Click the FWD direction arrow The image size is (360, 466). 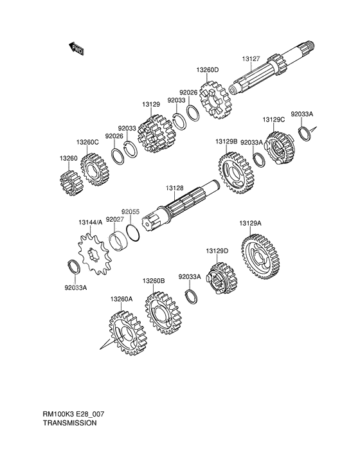pos(76,49)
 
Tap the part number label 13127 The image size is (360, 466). pos(251,59)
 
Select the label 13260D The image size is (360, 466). pos(207,70)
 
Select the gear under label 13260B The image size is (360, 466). pos(163,313)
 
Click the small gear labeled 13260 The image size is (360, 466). pos(71,183)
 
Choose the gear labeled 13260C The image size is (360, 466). pos(95,170)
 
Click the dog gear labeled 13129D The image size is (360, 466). pos(221,279)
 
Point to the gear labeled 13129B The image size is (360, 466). pos(237,174)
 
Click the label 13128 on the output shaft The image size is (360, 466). pos(174,188)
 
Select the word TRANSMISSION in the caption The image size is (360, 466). pos(70,422)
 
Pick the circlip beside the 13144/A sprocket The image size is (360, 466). pos(73,267)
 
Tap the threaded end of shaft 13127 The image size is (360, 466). pos(311,45)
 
